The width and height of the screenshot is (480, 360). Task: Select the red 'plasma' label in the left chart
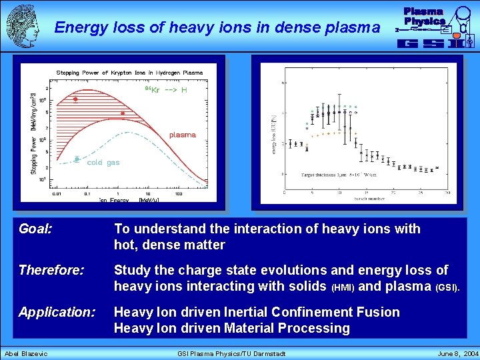coord(182,135)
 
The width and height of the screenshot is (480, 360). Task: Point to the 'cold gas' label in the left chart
coord(103,163)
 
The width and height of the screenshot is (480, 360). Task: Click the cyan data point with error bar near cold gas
coord(77,159)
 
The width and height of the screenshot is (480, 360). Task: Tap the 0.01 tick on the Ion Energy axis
coord(59,194)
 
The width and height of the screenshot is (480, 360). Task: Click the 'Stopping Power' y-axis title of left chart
coord(33,133)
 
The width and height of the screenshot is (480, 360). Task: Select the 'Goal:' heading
coord(36,229)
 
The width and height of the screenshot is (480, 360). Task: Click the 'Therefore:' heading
coord(52,271)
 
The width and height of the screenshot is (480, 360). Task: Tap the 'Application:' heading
coord(57,312)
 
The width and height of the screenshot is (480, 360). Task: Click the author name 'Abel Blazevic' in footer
coord(27,353)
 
